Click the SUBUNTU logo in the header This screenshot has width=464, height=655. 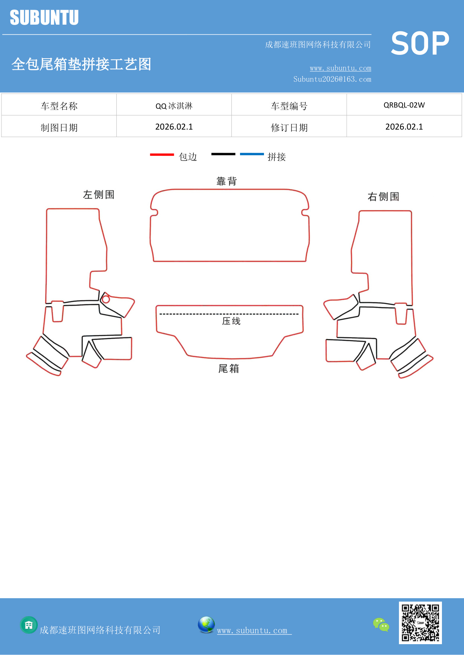44,18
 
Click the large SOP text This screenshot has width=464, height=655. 420,44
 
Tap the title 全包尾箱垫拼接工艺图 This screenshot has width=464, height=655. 81,64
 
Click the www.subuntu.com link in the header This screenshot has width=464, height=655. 340,68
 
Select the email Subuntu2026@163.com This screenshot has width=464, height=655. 332,79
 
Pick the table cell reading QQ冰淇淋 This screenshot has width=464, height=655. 174,106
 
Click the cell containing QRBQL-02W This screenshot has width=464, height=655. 404,105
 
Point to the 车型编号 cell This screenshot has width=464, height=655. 289,106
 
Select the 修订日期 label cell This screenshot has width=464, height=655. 289,128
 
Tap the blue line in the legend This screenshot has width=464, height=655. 252,154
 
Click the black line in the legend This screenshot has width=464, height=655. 223,154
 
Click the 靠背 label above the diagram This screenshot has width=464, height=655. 227,181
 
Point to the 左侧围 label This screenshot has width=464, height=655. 99,195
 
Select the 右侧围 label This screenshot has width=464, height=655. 383,196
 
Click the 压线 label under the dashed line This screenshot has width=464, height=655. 231,321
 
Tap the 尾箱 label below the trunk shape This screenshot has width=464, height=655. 228,369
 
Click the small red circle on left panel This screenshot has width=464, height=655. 106,299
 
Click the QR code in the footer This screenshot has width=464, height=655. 420,623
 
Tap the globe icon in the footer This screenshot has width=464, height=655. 206,625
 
